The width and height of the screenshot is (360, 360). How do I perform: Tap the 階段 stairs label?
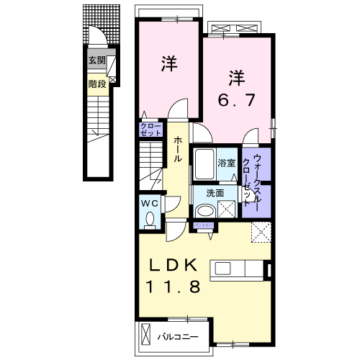point(97,84)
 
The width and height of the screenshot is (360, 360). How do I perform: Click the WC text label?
point(149,203)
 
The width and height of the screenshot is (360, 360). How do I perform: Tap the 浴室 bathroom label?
point(227,163)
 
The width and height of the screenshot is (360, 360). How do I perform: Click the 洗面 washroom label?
point(215,193)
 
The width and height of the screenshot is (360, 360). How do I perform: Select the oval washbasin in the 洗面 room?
point(204,211)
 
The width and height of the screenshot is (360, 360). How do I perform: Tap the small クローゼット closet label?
point(150,130)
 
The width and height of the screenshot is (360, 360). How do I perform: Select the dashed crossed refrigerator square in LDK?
point(259,233)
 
